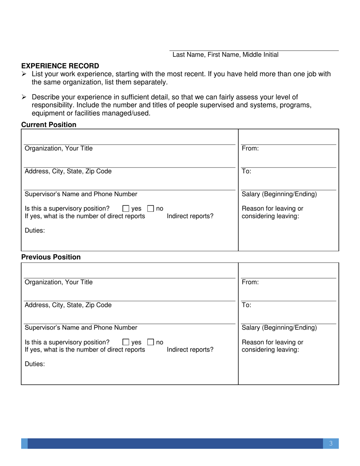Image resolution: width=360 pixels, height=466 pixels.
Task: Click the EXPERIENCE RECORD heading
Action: [60, 66]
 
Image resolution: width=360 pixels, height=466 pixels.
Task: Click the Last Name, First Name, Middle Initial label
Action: [225, 55]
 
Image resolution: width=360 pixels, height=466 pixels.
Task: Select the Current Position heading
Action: [49, 125]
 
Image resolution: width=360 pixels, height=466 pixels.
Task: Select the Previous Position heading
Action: [51, 257]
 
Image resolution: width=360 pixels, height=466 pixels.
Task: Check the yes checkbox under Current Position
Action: [126, 208]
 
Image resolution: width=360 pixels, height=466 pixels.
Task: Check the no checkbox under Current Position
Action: [150, 208]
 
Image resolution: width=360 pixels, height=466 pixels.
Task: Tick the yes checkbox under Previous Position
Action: [126, 342]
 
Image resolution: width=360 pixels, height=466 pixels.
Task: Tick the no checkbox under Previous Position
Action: [150, 342]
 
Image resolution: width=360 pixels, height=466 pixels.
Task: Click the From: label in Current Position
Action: [250, 149]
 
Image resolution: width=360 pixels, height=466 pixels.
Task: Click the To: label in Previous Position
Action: [246, 305]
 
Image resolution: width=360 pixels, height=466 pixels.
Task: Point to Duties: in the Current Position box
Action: [34, 230]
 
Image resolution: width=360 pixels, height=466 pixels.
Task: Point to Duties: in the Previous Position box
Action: [34, 364]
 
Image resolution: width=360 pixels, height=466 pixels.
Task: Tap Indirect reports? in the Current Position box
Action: [190, 216]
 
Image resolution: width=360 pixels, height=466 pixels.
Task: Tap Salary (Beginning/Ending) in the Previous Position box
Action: [279, 328]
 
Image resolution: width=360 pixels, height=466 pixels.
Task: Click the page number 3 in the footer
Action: [331, 444]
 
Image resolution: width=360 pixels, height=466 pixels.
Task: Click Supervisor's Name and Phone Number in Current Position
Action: [81, 194]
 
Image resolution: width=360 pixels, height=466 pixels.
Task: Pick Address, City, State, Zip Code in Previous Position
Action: [68, 305]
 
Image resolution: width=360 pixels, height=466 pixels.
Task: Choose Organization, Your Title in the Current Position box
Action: [58, 149]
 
